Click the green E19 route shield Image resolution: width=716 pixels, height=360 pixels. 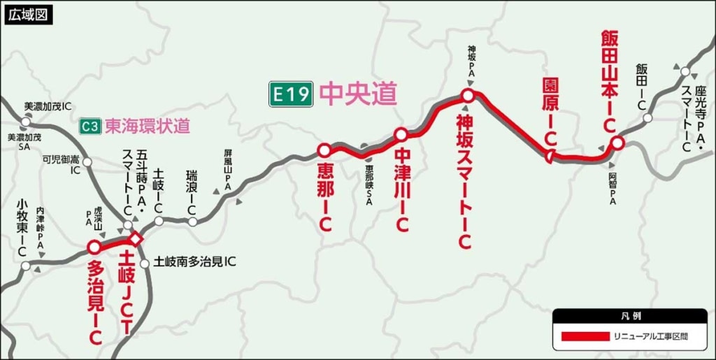[291, 94]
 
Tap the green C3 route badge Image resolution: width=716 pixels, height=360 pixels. [89, 127]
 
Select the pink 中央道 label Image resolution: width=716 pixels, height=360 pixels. [358, 94]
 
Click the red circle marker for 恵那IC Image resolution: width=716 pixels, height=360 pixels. [324, 150]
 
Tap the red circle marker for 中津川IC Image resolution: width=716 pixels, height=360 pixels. [401, 134]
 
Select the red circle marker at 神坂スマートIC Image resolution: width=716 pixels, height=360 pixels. [468, 96]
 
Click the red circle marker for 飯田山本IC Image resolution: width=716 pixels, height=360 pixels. [617, 143]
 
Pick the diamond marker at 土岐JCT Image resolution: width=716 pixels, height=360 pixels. [136, 240]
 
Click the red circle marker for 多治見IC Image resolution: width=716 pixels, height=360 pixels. [94, 247]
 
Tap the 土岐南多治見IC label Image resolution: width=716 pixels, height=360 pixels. [194, 262]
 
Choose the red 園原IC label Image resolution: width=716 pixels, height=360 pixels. [550, 112]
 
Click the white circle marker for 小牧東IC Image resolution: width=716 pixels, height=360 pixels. [26, 266]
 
